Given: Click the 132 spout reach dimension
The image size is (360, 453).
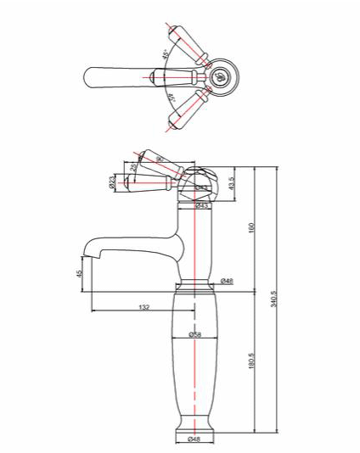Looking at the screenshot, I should point(144,306).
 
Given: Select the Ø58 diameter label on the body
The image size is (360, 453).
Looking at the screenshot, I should point(196,334).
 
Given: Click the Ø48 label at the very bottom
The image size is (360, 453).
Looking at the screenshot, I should point(195,439).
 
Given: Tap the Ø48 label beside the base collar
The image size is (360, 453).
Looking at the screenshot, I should point(226,281).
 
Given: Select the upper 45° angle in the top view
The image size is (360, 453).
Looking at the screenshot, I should point(165,56).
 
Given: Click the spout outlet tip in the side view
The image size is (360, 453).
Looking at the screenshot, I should point(85,252).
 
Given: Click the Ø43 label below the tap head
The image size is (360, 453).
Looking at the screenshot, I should point(202,205).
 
